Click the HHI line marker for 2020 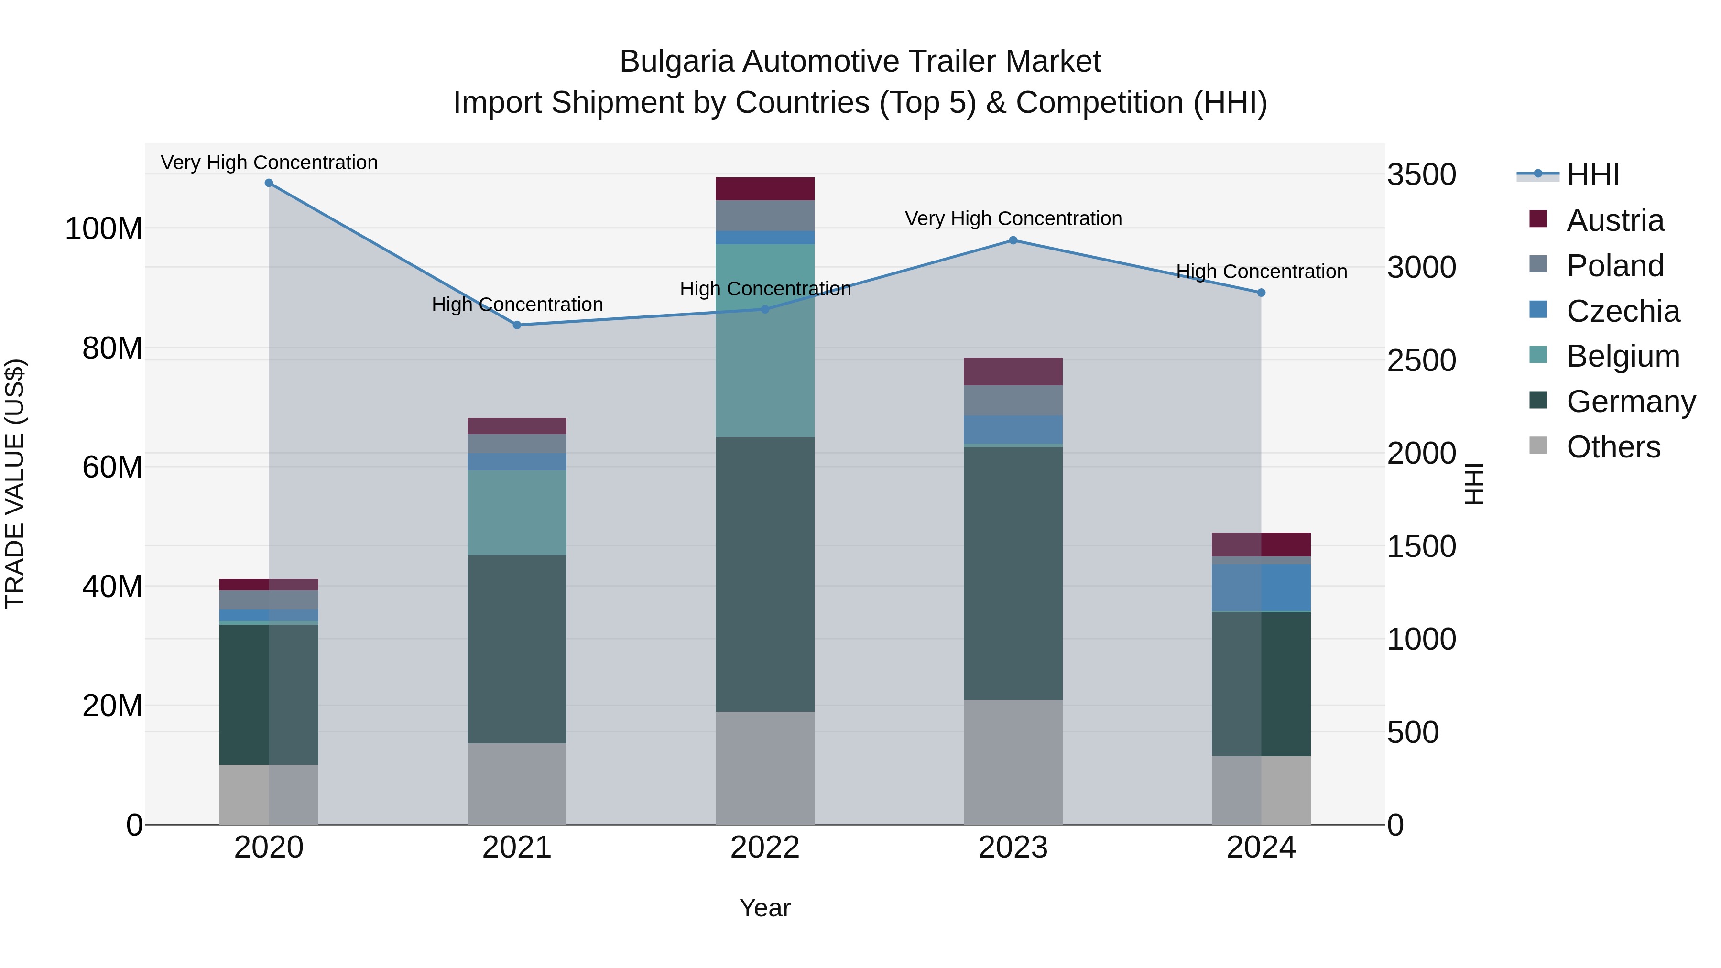coord(269,183)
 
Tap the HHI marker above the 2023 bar coord(1013,240)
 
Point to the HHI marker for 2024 coord(1261,293)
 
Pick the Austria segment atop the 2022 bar coord(764,189)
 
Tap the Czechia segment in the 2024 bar coord(1261,588)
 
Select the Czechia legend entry coord(1622,311)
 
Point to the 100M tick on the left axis coord(104,229)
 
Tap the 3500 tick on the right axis coord(1422,175)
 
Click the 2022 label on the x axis coord(764,848)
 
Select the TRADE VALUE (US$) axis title coord(15,484)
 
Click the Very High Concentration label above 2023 coord(1013,218)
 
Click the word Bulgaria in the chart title coord(676,62)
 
